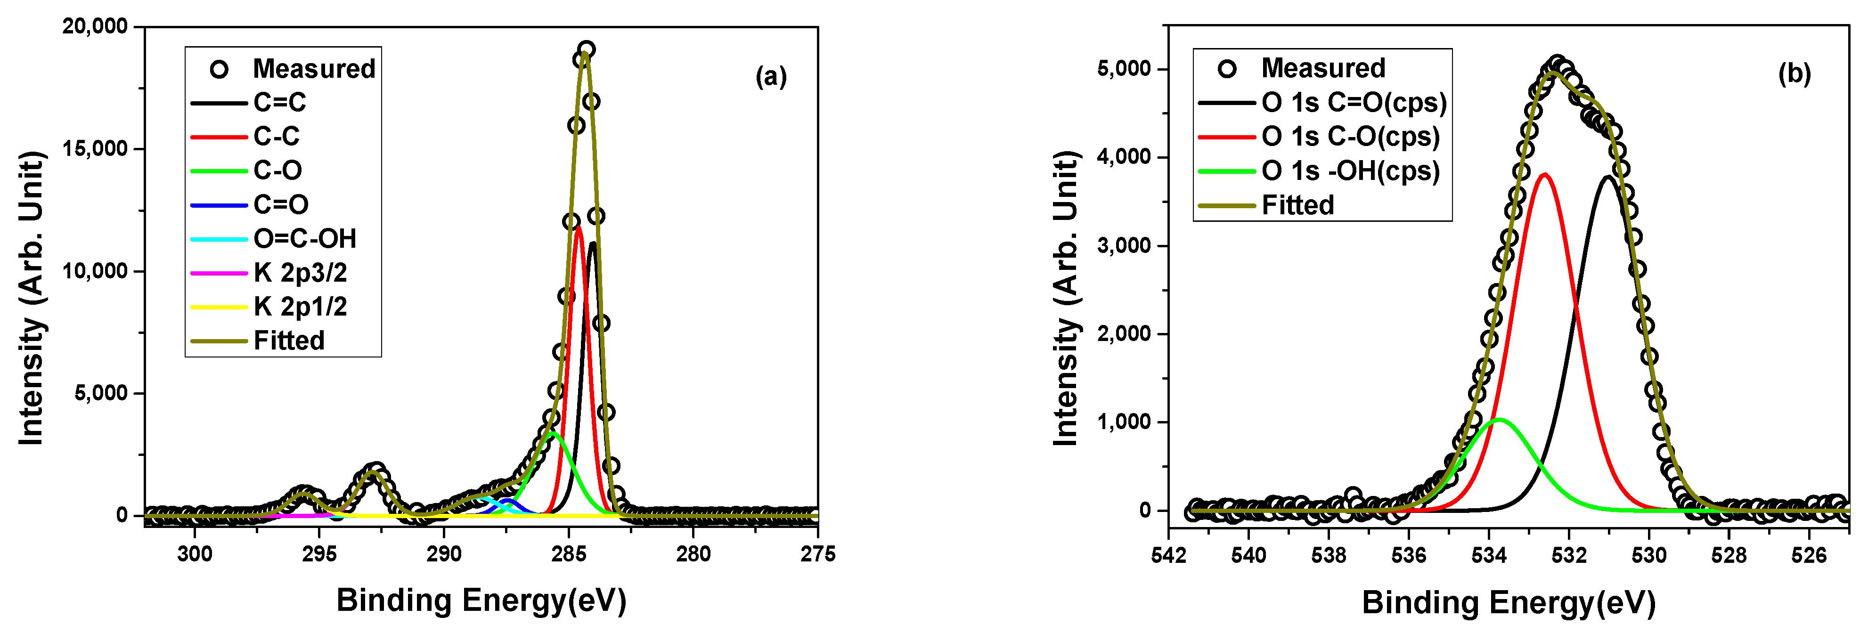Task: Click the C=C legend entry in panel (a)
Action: coord(279,102)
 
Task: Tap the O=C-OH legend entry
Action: coord(304,239)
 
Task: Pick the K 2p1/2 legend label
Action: coord(300,307)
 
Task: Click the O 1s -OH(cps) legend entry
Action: coord(1350,171)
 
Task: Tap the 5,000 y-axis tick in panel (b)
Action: coord(1124,69)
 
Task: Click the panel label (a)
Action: coord(771,76)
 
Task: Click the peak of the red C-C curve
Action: coord(578,227)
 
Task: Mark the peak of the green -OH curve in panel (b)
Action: coord(1498,420)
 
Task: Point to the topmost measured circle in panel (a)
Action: coord(587,49)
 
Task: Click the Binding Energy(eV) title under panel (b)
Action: coord(1509,602)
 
